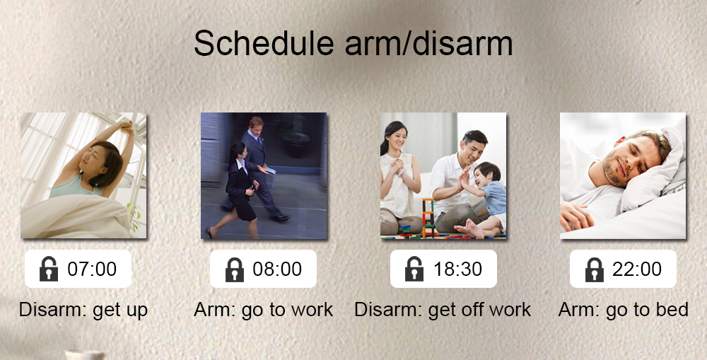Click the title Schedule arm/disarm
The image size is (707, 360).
353,44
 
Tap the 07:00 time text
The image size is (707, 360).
92,269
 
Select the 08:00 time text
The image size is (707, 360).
277,269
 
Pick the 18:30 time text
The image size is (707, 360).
457,269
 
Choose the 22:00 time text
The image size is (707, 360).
637,269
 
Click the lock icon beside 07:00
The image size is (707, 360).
49,269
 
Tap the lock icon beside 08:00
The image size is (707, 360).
235,269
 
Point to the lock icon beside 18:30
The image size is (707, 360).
414,269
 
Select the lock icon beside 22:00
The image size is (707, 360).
595,269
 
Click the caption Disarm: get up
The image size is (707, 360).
83,310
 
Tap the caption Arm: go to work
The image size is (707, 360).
263,310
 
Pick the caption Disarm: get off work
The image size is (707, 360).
443,310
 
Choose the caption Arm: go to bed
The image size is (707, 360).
623,310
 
